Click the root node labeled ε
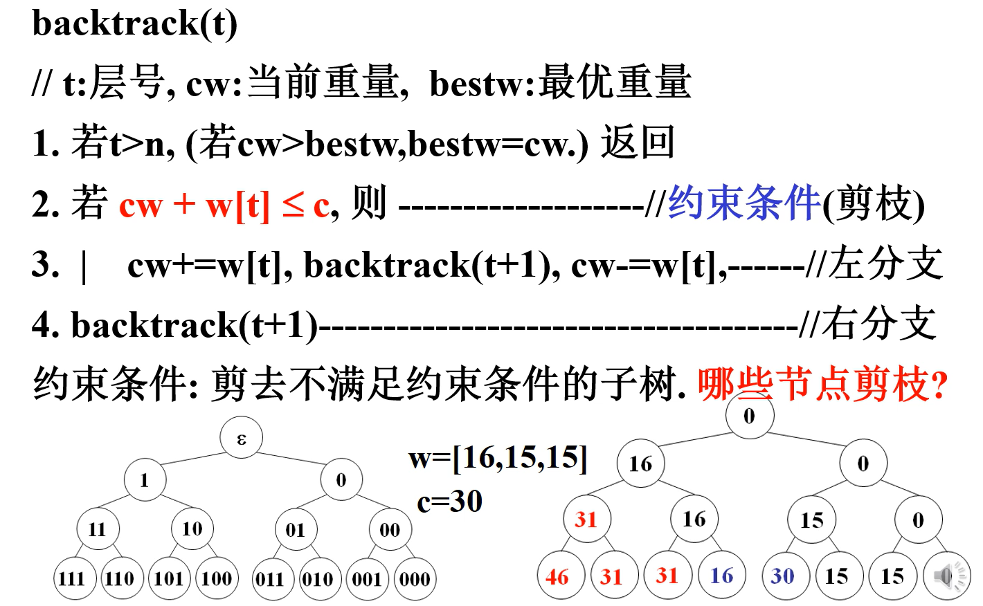[x=241, y=439]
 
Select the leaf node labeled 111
[x=72, y=578]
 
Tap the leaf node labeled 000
[x=414, y=578]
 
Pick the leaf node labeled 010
[x=318, y=578]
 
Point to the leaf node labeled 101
[x=168, y=578]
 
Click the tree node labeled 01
[x=296, y=530]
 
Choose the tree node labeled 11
[x=98, y=530]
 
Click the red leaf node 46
[x=557, y=576]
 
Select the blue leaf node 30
[x=783, y=576]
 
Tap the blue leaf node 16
[x=722, y=576]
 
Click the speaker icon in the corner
[x=947, y=576]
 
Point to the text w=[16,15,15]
[x=498, y=457]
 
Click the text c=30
[x=449, y=502]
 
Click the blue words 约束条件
[x=744, y=203]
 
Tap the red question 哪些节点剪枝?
[x=822, y=385]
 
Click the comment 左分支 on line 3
[x=886, y=264]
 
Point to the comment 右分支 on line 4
[x=879, y=324]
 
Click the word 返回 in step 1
[x=637, y=143]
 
